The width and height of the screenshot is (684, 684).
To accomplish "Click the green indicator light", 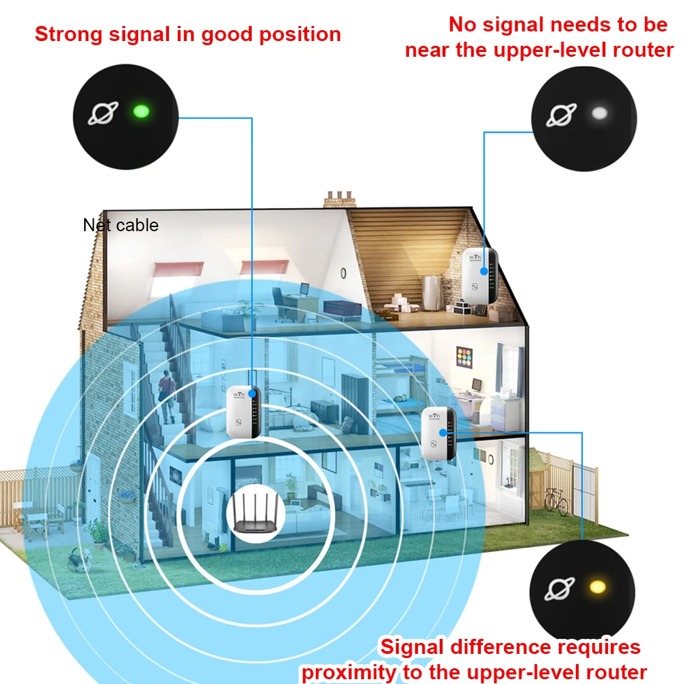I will [141, 110].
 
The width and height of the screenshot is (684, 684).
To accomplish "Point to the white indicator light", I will [600, 113].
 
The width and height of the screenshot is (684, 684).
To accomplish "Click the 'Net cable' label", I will [120, 225].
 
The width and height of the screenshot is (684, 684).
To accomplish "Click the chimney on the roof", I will [341, 199].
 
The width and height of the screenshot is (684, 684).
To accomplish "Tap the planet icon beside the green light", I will [103, 112].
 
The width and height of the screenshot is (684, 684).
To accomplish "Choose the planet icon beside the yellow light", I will [560, 587].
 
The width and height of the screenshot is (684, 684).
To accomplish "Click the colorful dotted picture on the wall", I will [467, 358].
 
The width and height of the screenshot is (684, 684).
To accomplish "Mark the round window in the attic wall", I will [343, 274].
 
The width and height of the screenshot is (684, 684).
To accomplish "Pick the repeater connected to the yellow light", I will [438, 432].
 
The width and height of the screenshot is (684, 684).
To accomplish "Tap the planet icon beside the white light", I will [561, 114].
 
